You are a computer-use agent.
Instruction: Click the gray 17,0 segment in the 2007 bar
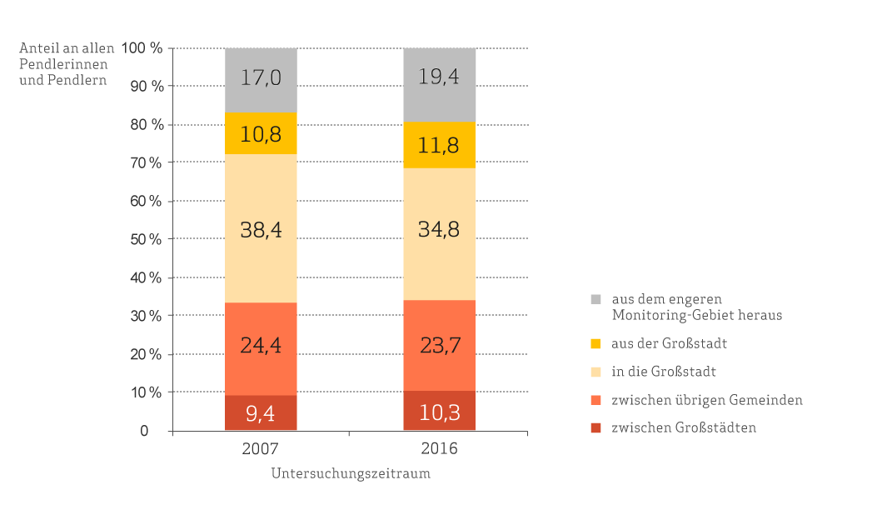coord(261,80)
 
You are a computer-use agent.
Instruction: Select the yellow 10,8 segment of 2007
coord(261,133)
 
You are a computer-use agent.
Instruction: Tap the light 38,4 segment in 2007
coord(261,228)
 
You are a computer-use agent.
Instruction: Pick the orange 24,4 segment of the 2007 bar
coord(261,348)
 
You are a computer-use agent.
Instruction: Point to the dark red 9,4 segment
coord(261,412)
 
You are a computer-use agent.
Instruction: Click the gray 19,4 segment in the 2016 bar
coord(440,85)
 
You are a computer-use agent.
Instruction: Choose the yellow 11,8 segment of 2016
coord(440,145)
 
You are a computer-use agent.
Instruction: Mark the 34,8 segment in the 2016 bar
coord(440,234)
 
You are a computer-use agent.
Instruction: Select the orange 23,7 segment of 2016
coord(440,345)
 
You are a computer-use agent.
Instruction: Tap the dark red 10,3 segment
coord(440,411)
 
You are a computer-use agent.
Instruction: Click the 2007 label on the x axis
coord(260,448)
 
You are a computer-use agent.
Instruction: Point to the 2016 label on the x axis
coord(440,448)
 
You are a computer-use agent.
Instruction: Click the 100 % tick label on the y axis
coord(142,47)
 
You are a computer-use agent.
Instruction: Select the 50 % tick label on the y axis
coord(146,239)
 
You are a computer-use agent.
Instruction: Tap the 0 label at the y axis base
coord(145,431)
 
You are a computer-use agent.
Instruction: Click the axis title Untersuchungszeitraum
coord(351,473)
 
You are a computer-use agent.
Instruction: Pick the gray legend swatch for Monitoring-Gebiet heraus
coord(595,299)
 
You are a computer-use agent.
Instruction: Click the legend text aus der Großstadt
coord(669,343)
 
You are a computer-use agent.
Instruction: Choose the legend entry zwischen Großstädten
coord(674,427)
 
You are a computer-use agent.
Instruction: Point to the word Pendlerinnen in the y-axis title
coord(63,64)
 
